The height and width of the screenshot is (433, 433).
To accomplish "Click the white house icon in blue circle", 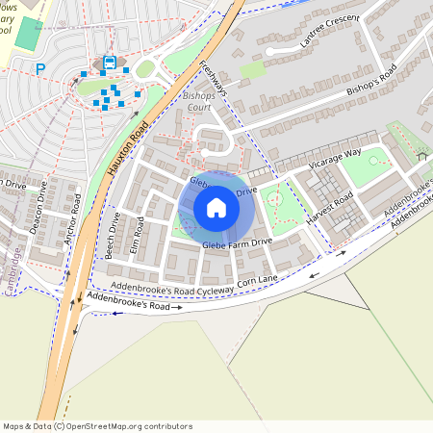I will pos(216,208).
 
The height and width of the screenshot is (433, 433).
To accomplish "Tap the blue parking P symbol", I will pos(40,68).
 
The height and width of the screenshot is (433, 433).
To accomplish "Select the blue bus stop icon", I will pos(109,63).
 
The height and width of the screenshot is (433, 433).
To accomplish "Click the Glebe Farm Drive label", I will pos(237,243).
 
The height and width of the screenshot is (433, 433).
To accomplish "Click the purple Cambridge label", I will pos(14,271).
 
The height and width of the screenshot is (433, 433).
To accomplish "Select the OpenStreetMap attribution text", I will pos(96,425).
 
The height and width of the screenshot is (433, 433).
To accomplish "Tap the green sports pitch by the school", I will pos(29,36).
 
